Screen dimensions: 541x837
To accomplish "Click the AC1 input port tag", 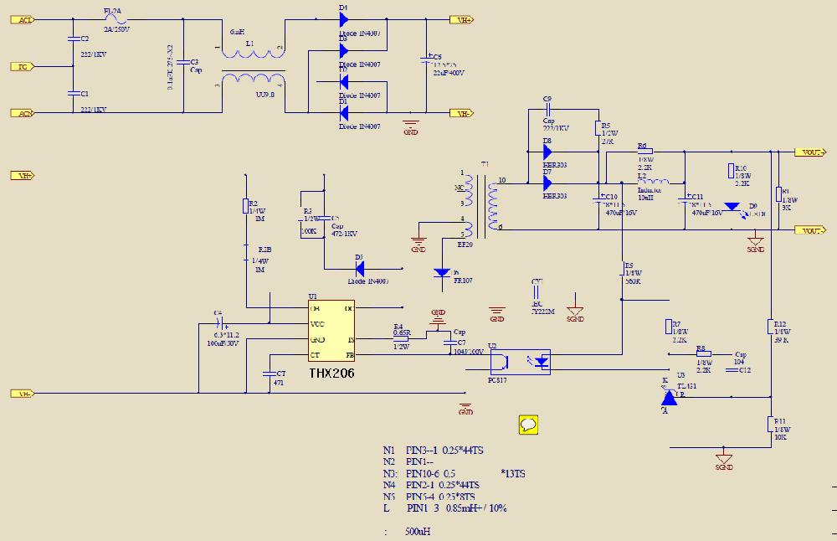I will point(23,19).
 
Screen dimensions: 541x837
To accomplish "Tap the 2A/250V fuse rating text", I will point(116,29).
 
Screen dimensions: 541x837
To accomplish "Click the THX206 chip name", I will point(331,374).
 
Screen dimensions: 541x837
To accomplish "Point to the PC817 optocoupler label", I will point(498,379).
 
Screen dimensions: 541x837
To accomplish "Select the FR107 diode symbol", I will point(443,273).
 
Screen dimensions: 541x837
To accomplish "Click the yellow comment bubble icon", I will point(528,424).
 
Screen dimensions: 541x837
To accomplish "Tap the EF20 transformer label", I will point(465,245).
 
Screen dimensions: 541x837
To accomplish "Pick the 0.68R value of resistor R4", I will point(403,332).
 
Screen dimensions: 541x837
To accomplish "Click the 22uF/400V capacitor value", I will point(449,73).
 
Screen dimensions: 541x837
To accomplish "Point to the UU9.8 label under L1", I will point(264,95).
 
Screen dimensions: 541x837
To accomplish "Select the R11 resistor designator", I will point(779,421).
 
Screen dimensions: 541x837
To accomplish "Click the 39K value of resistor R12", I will point(781,340).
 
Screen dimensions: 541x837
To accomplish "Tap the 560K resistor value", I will point(632,281).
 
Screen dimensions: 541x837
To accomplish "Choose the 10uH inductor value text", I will point(645,197).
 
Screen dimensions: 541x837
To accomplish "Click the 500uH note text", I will point(417,532).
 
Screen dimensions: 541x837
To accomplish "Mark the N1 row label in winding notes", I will point(388,450).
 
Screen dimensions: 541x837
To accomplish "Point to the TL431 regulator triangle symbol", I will point(669,398).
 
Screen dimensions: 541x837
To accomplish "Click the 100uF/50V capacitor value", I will point(223,343).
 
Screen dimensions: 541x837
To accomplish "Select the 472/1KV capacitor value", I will point(344,234).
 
